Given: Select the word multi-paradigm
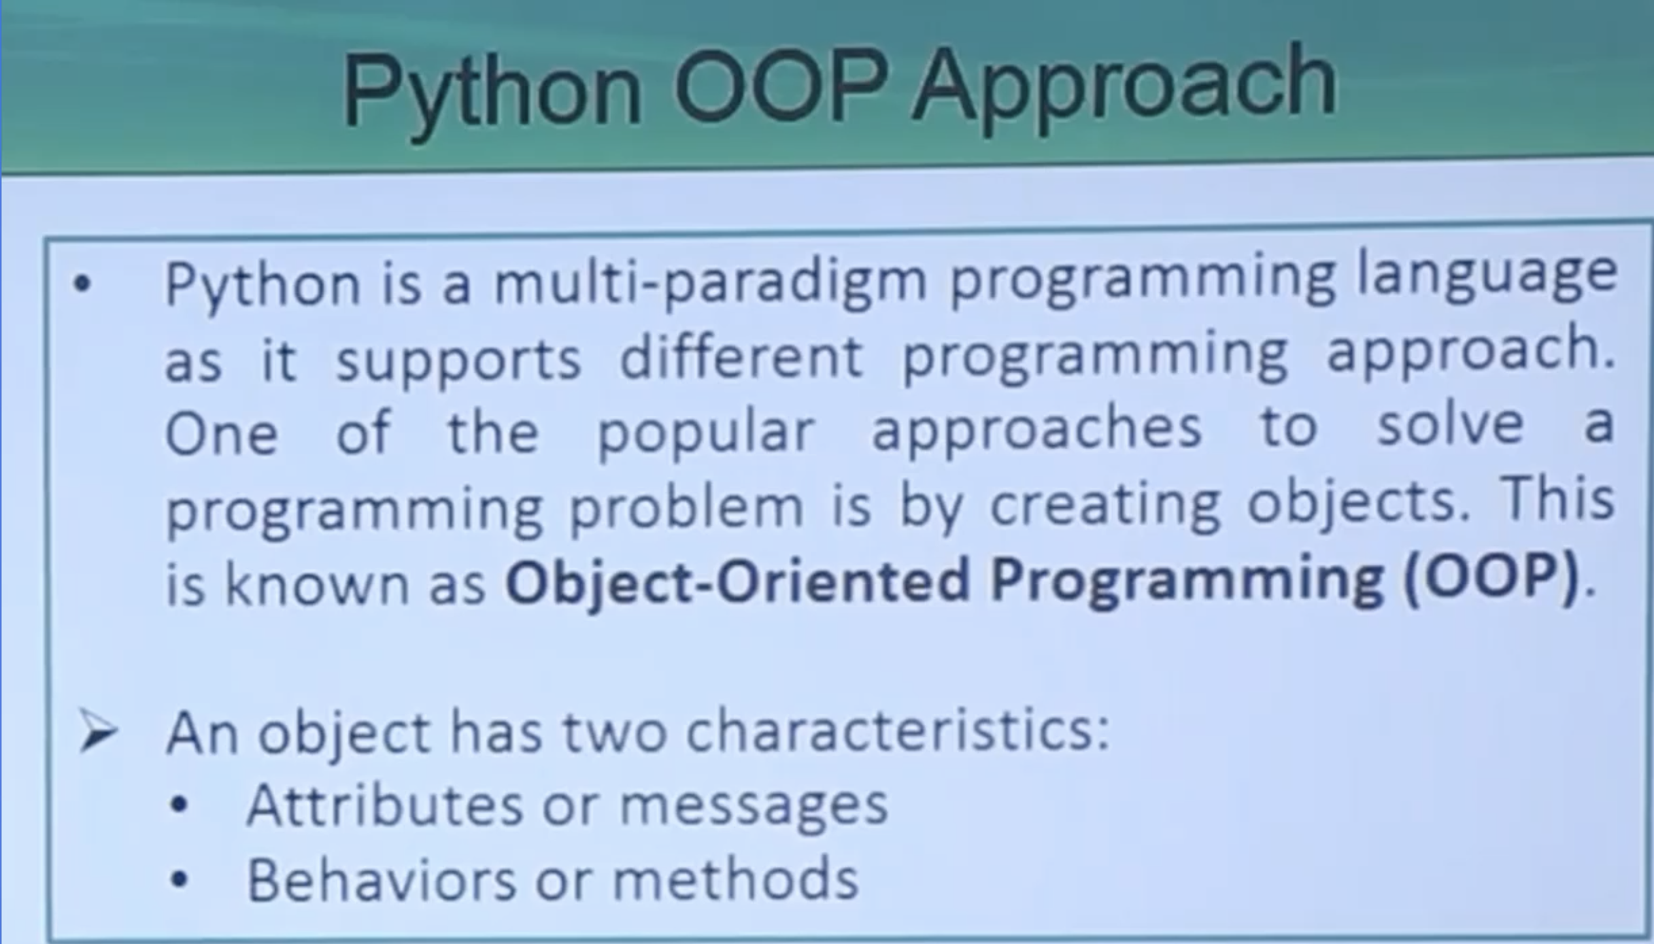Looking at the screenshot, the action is click(710, 283).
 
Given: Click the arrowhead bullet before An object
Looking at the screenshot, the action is click(98, 732).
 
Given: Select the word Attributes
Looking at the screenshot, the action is click(385, 805).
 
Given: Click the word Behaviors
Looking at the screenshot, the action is click(382, 879).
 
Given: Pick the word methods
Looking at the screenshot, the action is click(735, 879).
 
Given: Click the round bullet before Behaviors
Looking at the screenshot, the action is click(178, 880).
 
